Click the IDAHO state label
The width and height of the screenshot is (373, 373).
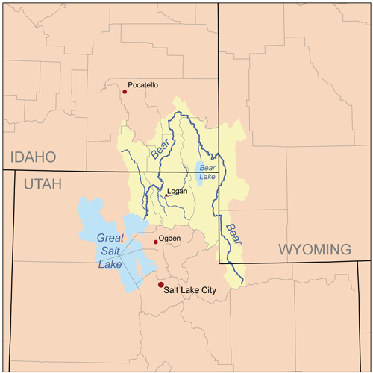click(32, 157)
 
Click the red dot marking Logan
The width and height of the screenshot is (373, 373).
click(166, 195)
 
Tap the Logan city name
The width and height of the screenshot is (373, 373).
click(177, 191)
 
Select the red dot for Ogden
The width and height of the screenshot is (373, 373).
click(156, 242)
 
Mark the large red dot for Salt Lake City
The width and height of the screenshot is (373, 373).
click(160, 285)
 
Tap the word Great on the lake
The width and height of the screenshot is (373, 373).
click(109, 238)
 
